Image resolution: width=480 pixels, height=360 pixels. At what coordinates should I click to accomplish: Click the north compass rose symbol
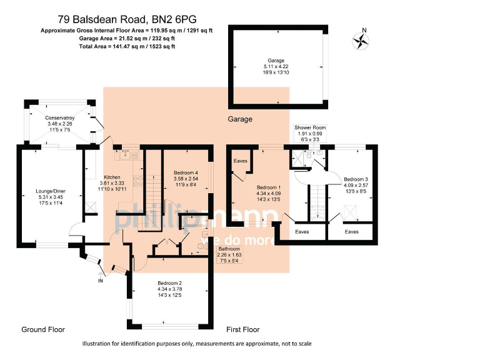[x=361, y=40]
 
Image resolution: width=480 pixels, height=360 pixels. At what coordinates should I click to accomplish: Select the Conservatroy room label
[x=60, y=117]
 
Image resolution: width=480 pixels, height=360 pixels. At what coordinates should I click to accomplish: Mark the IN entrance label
[x=100, y=282]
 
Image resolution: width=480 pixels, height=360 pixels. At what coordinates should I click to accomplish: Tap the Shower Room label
[x=311, y=127]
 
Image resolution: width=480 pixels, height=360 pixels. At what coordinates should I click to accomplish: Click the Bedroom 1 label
[x=269, y=187]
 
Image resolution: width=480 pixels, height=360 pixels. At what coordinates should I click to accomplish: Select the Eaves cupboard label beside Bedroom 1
[x=241, y=161]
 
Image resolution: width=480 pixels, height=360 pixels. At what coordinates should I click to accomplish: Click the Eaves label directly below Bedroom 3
[x=352, y=231]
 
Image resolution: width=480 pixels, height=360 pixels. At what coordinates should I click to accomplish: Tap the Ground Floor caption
[x=42, y=329]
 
